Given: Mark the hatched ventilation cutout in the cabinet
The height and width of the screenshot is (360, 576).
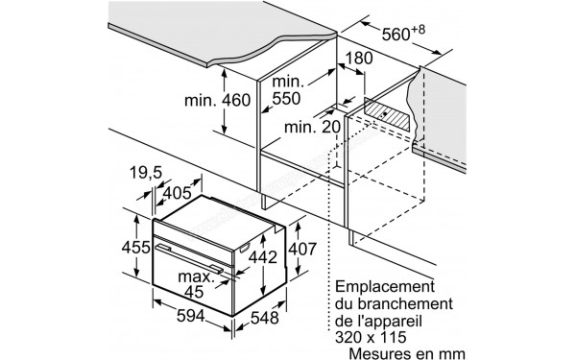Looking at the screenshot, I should click(390, 114).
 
